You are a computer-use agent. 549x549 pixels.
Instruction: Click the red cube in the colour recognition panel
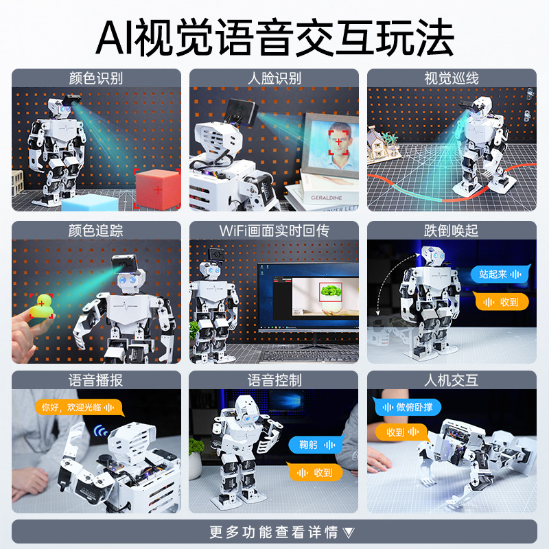[x=158, y=187]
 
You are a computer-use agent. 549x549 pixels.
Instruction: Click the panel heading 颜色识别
[x=96, y=78]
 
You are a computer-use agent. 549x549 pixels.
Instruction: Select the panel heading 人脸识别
[x=274, y=78]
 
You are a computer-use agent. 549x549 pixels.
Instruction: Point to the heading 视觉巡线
[x=452, y=78]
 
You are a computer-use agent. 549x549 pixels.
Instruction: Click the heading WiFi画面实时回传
[x=274, y=230]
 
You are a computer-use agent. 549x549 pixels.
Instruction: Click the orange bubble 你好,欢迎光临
[x=78, y=407]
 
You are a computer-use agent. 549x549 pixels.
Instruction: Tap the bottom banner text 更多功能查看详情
[x=274, y=532]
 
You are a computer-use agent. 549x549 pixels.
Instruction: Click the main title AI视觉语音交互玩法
[x=274, y=37]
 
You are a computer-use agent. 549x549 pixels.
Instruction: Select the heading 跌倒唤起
[x=452, y=230]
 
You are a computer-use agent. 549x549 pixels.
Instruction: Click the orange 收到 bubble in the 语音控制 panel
[x=314, y=471]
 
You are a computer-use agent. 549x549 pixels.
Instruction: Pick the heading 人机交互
[x=452, y=380]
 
